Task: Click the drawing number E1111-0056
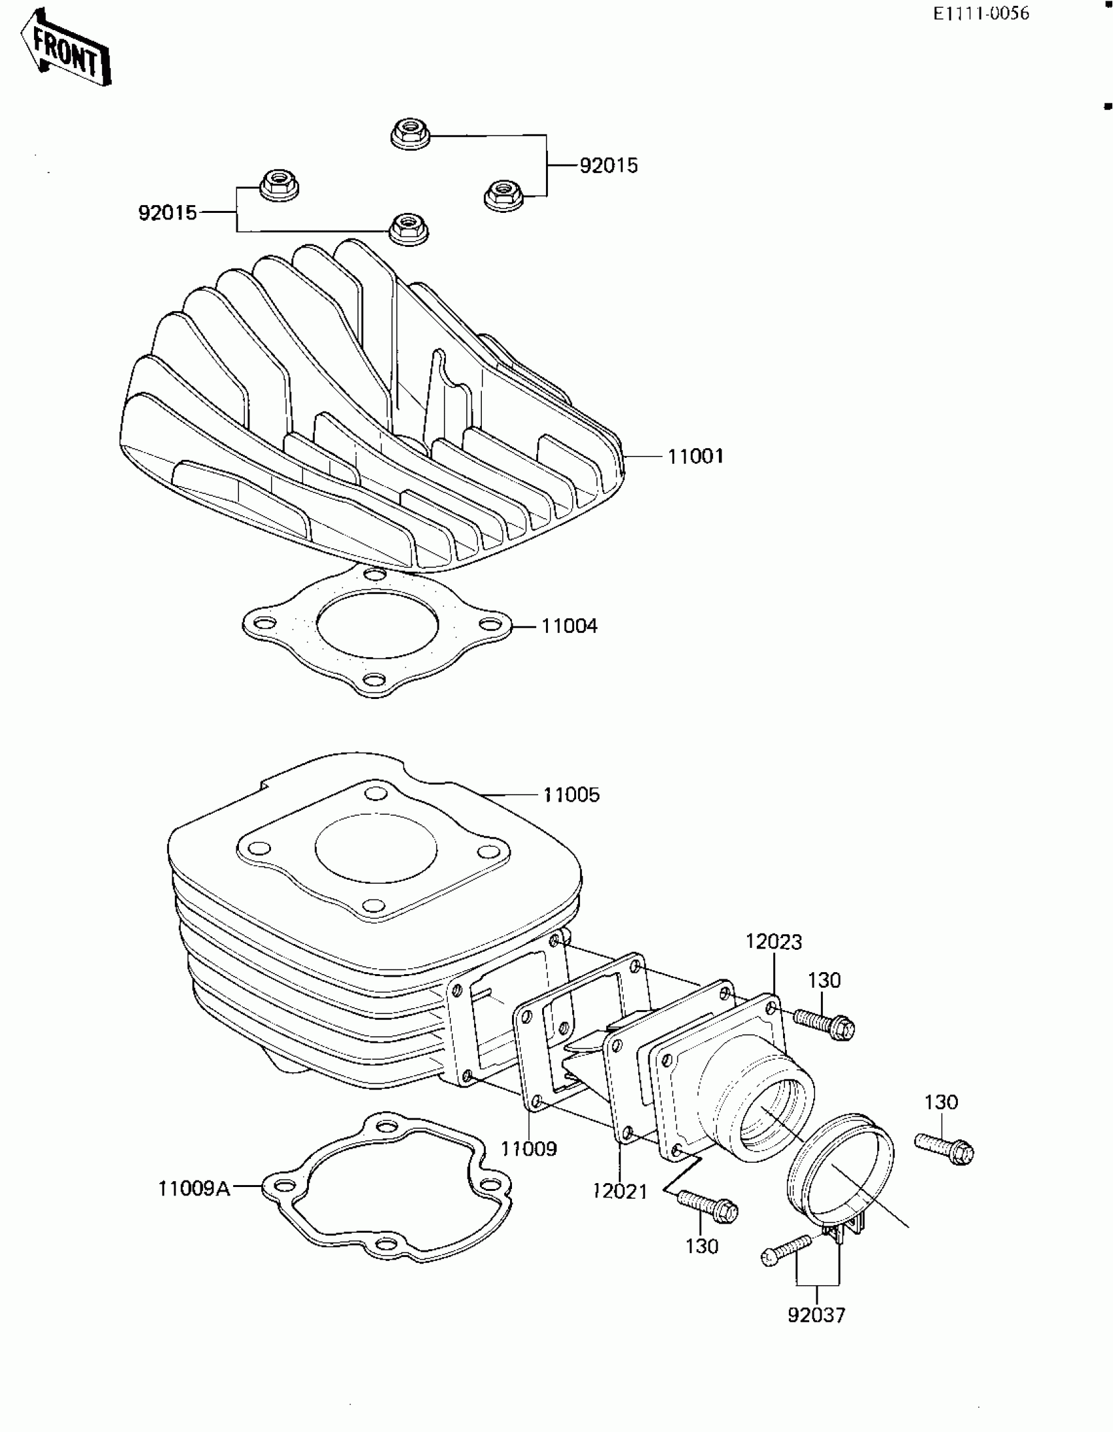coord(981,14)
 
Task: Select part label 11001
coord(695,457)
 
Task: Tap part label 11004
coord(569,626)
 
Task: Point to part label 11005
coord(571,795)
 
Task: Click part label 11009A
coord(194,1188)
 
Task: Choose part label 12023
coord(773,942)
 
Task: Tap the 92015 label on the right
coord(608,165)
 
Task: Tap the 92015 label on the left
coord(168,212)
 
